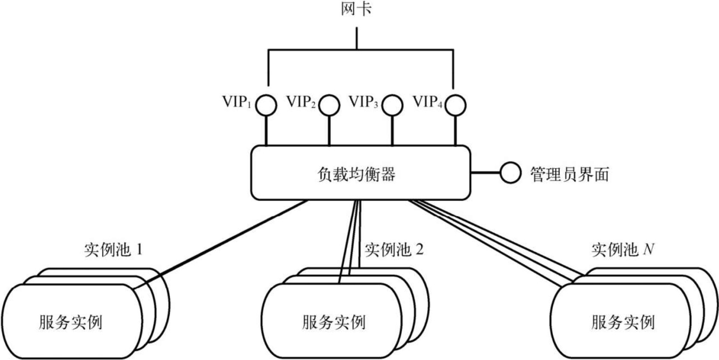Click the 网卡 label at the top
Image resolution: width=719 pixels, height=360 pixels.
pyautogui.click(x=356, y=9)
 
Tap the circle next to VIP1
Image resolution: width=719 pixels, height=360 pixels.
pyautogui.click(x=266, y=105)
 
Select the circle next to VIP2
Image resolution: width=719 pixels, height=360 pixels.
pyautogui.click(x=329, y=105)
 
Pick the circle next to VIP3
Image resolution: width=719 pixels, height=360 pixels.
pyautogui.click(x=392, y=105)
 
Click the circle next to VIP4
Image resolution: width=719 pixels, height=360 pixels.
pyautogui.click(x=455, y=105)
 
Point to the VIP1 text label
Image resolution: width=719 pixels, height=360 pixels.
pyautogui.click(x=237, y=102)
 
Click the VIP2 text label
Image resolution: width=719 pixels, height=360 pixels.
pyautogui.click(x=301, y=102)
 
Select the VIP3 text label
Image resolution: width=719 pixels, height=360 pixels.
pyautogui.click(x=364, y=102)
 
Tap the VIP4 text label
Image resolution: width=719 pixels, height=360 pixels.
pyautogui.click(x=427, y=102)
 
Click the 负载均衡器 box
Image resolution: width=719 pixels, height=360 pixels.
pyautogui.click(x=360, y=173)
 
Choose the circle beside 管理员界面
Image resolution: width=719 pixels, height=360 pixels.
pyautogui.click(x=510, y=173)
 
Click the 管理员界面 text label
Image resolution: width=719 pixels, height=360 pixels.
pyautogui.click(x=569, y=174)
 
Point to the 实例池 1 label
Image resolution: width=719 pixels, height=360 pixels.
pyautogui.click(x=113, y=250)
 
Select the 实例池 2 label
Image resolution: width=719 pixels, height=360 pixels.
pyautogui.click(x=394, y=250)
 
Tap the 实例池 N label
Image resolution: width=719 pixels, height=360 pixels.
pyautogui.click(x=623, y=250)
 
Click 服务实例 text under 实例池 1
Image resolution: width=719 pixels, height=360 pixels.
pyautogui.click(x=71, y=322)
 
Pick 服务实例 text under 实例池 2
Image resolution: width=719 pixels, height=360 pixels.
pyautogui.click(x=334, y=322)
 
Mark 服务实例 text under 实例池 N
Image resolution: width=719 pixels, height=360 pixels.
pyautogui.click(x=623, y=322)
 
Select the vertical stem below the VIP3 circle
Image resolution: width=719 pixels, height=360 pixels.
pyautogui.click(x=392, y=130)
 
